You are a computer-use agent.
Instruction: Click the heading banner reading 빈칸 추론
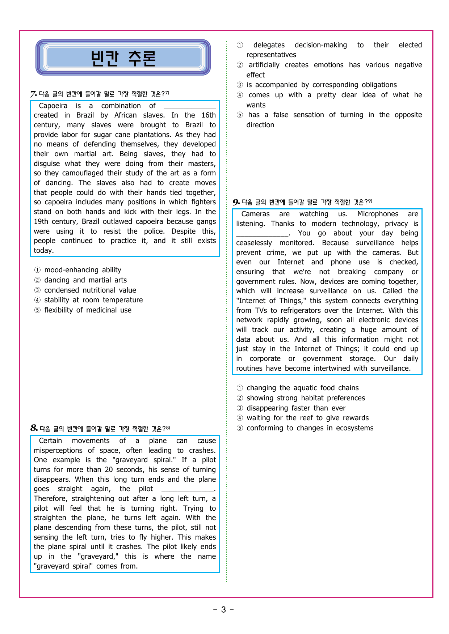pyautogui.click(x=123, y=58)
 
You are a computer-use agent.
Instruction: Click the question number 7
pyautogui.click(x=33, y=94)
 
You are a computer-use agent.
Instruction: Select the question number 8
pyautogui.click(x=34, y=429)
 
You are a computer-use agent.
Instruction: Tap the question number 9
pyautogui.click(x=236, y=202)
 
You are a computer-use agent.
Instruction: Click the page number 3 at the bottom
pyautogui.click(x=223, y=610)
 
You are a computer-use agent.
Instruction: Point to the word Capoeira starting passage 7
pyautogui.click(x=53, y=106)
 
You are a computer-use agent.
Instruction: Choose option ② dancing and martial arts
pyautogui.click(x=85, y=280)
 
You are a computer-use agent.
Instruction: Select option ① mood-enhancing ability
pyautogui.click(x=82, y=270)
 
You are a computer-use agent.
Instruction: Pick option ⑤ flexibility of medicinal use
pyautogui.click(x=87, y=310)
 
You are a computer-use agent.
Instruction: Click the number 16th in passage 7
pyautogui.click(x=209, y=115)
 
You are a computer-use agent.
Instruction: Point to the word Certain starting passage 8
pyautogui.click(x=50, y=441)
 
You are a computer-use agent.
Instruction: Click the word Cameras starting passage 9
pyautogui.click(x=255, y=214)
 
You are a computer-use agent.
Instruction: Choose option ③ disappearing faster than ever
pyautogui.click(x=295, y=408)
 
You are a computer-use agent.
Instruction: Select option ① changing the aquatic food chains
pyautogui.click(x=302, y=388)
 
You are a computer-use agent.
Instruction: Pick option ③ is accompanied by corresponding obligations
pyautogui.click(x=321, y=85)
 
